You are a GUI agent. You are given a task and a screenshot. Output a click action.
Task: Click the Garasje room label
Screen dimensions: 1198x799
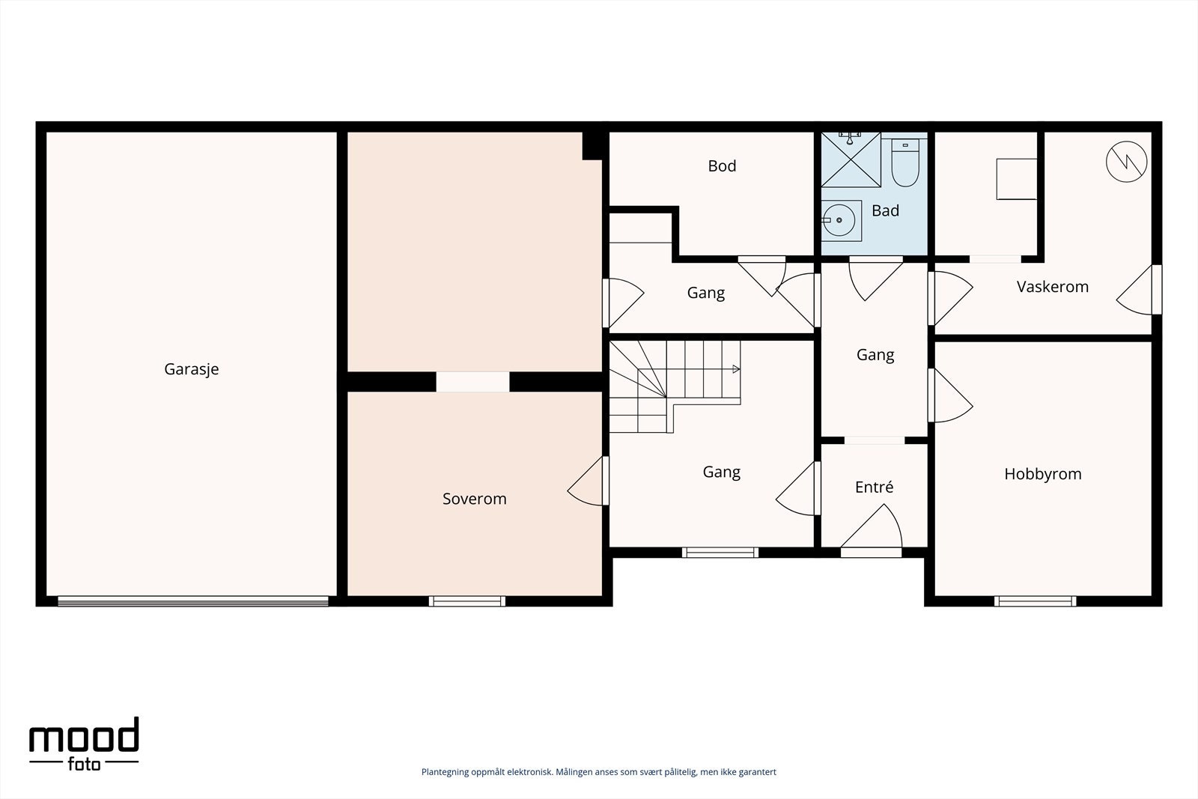click(x=192, y=369)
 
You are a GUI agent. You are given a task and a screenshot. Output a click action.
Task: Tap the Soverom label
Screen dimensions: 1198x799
click(x=475, y=499)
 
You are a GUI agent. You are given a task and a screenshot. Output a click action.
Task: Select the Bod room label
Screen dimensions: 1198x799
click(x=722, y=165)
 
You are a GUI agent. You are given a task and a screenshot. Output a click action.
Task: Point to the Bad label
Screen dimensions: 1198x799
click(x=885, y=210)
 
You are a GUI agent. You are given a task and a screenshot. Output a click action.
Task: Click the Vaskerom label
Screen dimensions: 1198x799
click(x=1053, y=287)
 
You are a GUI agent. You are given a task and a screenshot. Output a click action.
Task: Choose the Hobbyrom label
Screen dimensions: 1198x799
click(x=1043, y=474)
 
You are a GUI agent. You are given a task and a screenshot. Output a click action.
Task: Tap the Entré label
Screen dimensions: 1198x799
click(x=874, y=487)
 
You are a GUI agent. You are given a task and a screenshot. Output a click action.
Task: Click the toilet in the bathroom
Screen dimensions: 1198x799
click(x=905, y=162)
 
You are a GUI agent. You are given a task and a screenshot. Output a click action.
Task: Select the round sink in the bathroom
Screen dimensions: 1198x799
click(x=839, y=220)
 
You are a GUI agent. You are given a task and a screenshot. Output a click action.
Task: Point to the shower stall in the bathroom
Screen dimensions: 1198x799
click(x=851, y=160)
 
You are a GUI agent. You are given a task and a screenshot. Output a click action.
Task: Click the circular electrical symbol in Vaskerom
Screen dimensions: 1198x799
click(x=1126, y=162)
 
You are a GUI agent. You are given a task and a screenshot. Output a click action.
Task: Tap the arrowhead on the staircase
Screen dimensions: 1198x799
click(x=737, y=369)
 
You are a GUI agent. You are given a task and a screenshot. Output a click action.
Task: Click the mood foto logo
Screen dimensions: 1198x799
click(x=84, y=744)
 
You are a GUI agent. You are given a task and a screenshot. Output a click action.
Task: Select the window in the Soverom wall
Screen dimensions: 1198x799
click(x=467, y=601)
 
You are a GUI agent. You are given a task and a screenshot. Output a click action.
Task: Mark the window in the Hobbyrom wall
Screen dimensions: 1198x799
click(x=1035, y=601)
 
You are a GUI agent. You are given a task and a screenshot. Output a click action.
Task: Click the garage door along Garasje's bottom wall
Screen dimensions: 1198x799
click(x=193, y=601)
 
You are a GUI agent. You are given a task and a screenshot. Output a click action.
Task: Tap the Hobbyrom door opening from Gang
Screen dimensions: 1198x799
click(x=931, y=395)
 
